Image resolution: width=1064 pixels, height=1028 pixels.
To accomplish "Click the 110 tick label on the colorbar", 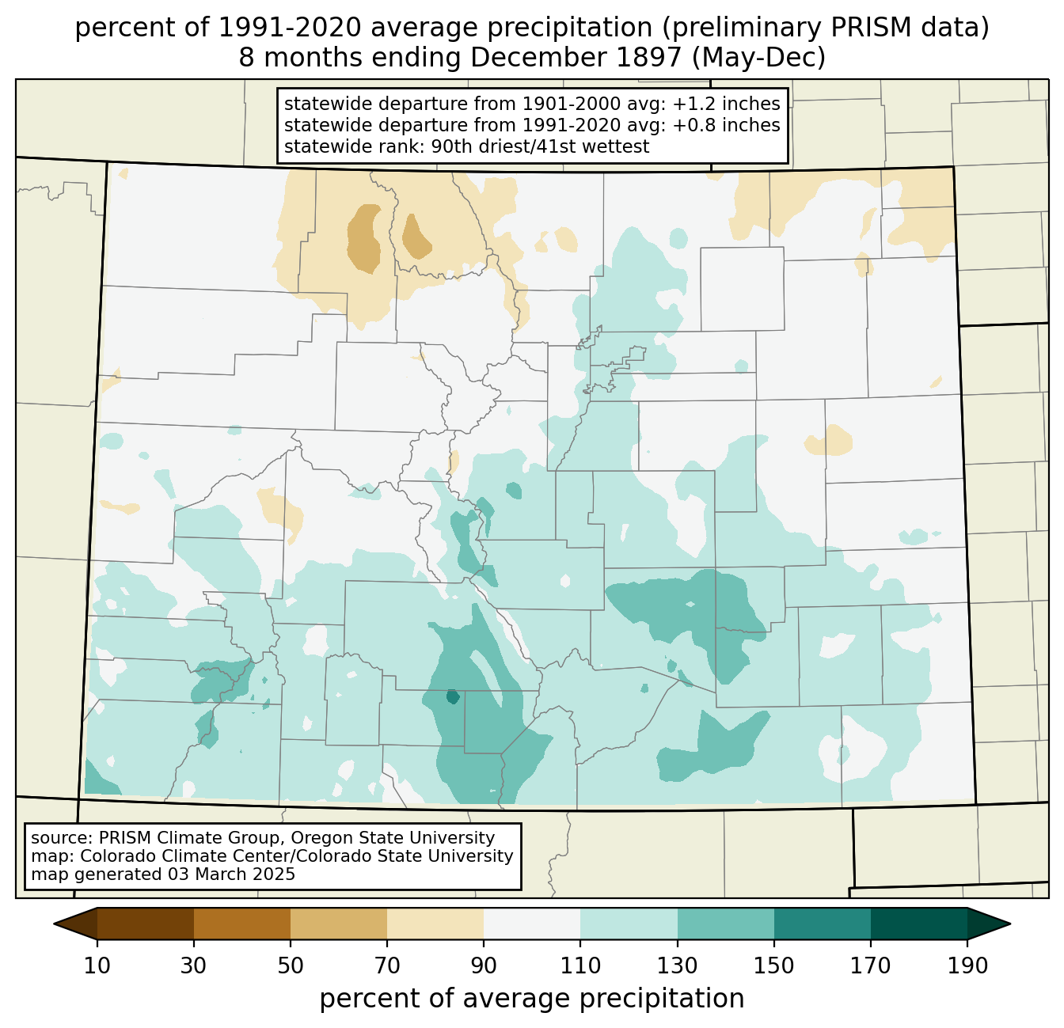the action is coord(580,965).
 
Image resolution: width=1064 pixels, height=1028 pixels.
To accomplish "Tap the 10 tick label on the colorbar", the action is coord(97,965).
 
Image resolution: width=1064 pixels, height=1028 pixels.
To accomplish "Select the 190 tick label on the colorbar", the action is coord(967,965).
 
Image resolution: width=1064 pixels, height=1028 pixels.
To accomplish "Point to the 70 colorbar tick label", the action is coord(387,965).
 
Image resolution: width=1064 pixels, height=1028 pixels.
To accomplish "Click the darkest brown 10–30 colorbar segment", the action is coord(146,924).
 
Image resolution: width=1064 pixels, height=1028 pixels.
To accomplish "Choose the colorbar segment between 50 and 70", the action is coord(339,924).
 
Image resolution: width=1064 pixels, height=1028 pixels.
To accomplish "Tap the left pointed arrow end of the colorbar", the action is coord(75,924).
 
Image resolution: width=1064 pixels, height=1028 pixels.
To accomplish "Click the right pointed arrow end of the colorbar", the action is coord(989,924).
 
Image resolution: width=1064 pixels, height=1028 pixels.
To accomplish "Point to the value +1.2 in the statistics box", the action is coord(690,104).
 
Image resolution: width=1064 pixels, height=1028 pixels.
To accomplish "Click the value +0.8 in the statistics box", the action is coord(690,125).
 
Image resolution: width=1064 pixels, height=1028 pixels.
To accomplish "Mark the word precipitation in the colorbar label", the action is coord(662,999).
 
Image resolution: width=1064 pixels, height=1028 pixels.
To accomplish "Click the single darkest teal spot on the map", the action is coord(452,697).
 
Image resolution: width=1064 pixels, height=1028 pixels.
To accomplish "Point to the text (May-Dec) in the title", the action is coord(758,58).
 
